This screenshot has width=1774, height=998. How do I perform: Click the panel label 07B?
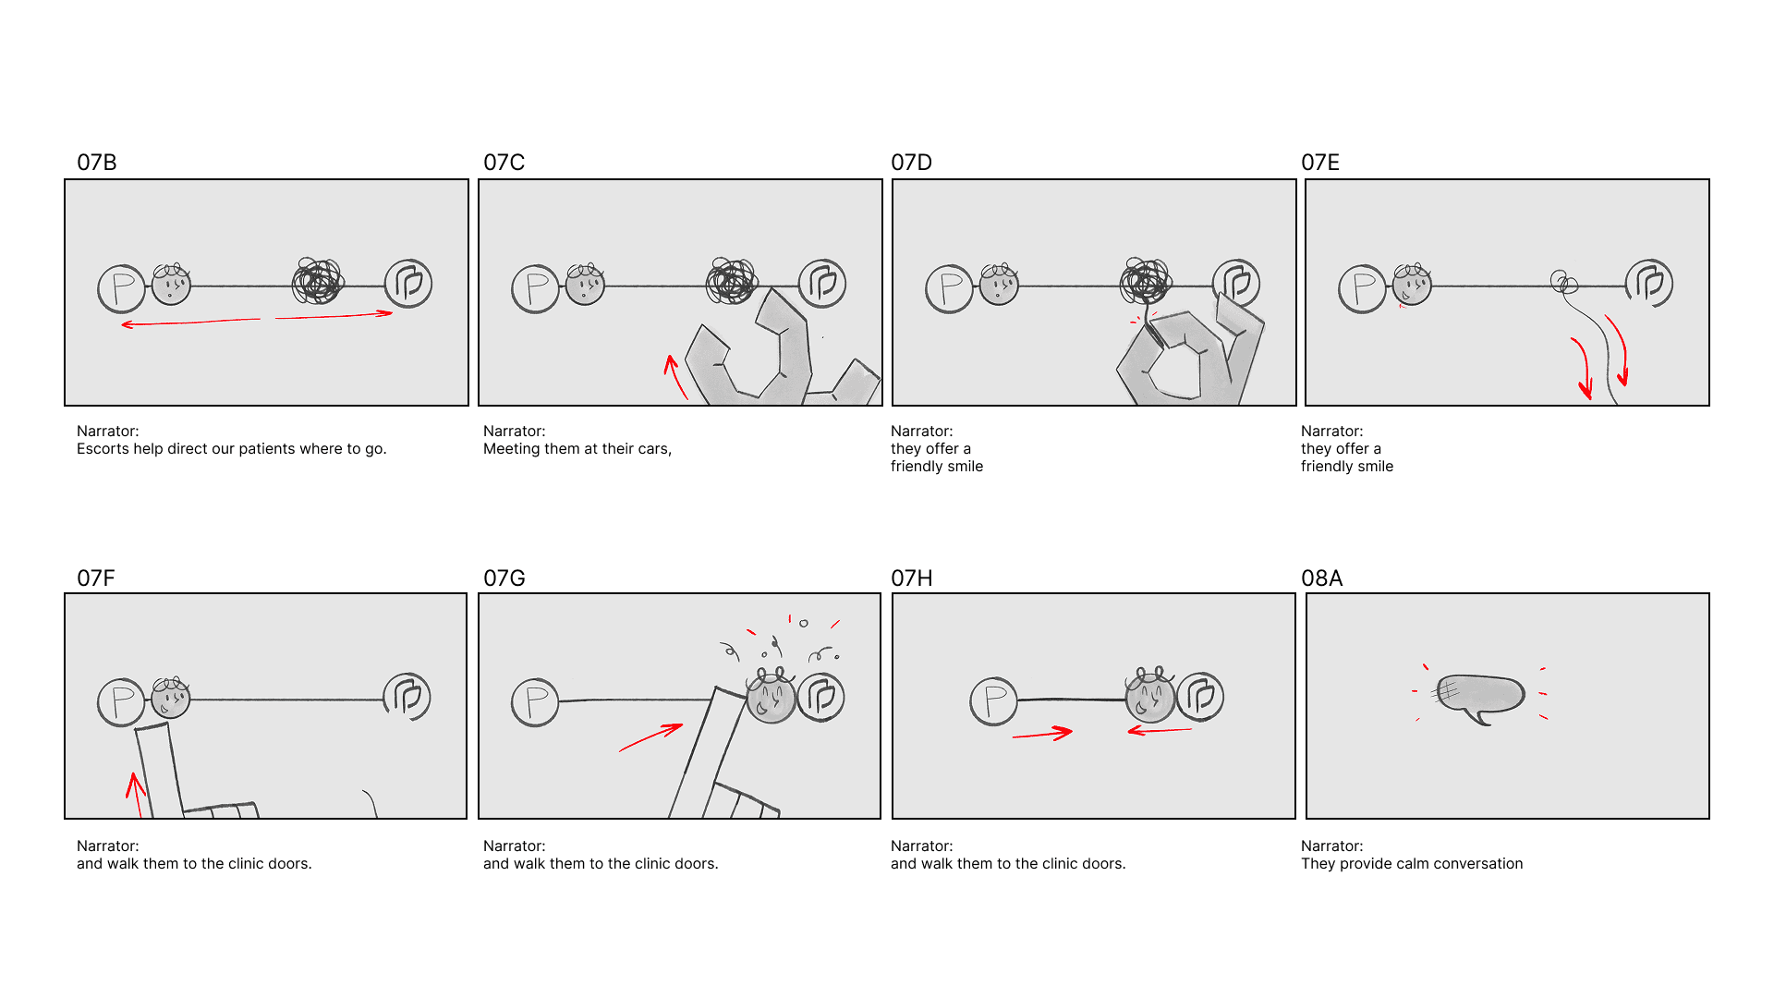(x=97, y=163)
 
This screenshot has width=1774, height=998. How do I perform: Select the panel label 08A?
(x=1321, y=578)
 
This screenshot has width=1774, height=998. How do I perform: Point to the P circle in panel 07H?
(x=994, y=701)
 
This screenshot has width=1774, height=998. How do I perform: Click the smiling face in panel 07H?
(x=1150, y=696)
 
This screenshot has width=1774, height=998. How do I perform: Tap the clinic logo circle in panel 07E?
(x=1649, y=284)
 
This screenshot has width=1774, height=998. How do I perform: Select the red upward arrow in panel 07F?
(x=136, y=795)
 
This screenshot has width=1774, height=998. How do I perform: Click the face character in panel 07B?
(x=171, y=285)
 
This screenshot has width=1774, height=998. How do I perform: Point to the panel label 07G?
(x=504, y=578)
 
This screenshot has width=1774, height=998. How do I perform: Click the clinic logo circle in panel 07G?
(x=821, y=697)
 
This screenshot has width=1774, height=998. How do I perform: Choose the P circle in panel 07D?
(x=950, y=289)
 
